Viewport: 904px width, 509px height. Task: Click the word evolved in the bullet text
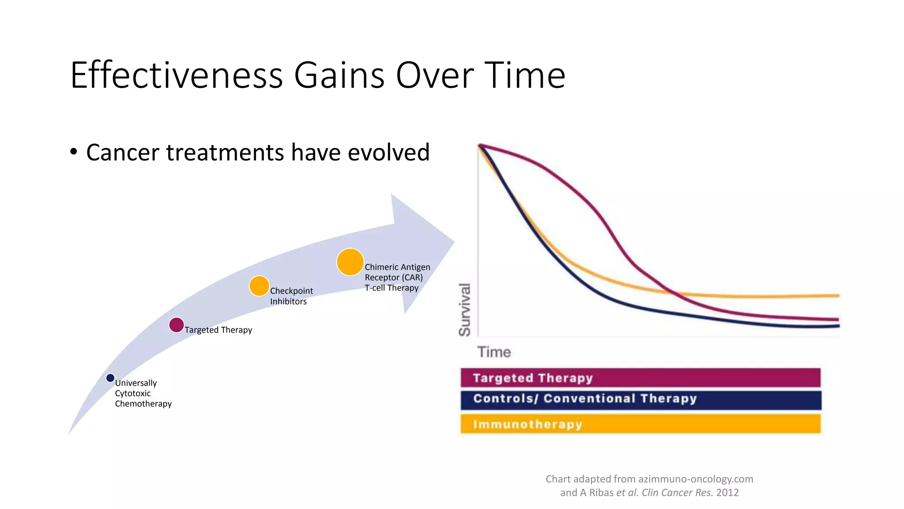pyautogui.click(x=388, y=152)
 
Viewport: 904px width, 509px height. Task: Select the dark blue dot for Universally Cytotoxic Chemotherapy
pyautogui.click(x=110, y=378)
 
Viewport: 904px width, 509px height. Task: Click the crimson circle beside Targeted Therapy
pyautogui.click(x=177, y=325)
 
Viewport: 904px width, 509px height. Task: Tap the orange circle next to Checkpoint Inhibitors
pyautogui.click(x=259, y=286)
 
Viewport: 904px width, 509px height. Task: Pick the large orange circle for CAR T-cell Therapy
pyautogui.click(x=350, y=262)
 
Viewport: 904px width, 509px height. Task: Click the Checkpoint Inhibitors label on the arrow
pyautogui.click(x=291, y=296)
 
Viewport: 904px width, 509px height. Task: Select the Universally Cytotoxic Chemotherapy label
pyautogui.click(x=143, y=393)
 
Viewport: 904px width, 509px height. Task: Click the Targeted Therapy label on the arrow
pyautogui.click(x=218, y=330)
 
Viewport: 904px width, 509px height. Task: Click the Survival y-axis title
pyautogui.click(x=465, y=309)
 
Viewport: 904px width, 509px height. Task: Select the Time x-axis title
pyautogui.click(x=494, y=352)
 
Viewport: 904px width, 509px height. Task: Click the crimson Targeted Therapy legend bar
pyautogui.click(x=640, y=378)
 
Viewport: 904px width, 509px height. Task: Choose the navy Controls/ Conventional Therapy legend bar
pyautogui.click(x=640, y=399)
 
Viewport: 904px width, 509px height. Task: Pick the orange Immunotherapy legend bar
pyautogui.click(x=640, y=424)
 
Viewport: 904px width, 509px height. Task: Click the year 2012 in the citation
pyautogui.click(x=727, y=493)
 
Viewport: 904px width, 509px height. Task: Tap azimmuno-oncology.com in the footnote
pyautogui.click(x=696, y=479)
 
